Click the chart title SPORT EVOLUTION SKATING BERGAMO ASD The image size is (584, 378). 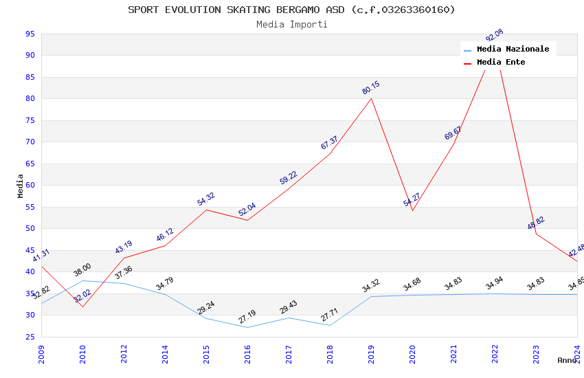[291, 10]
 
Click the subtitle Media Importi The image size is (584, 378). [292, 25]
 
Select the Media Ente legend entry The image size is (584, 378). [501, 63]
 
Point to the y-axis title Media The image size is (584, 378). [20, 186]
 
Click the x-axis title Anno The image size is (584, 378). [567, 360]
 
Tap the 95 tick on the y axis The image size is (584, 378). [30, 34]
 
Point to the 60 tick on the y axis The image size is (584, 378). [30, 186]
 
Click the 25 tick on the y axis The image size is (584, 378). [30, 337]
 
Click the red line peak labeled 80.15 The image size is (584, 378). [371, 98]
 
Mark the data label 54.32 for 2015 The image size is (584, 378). [206, 199]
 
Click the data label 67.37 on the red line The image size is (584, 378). [330, 143]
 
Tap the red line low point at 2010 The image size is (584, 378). [82, 307]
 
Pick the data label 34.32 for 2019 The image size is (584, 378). [371, 286]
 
